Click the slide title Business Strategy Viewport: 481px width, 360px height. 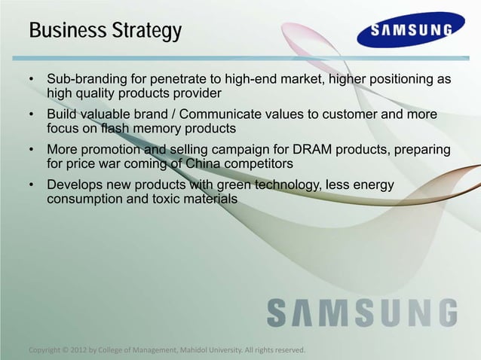tap(105, 32)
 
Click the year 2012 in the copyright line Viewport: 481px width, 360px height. tap(78, 350)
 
